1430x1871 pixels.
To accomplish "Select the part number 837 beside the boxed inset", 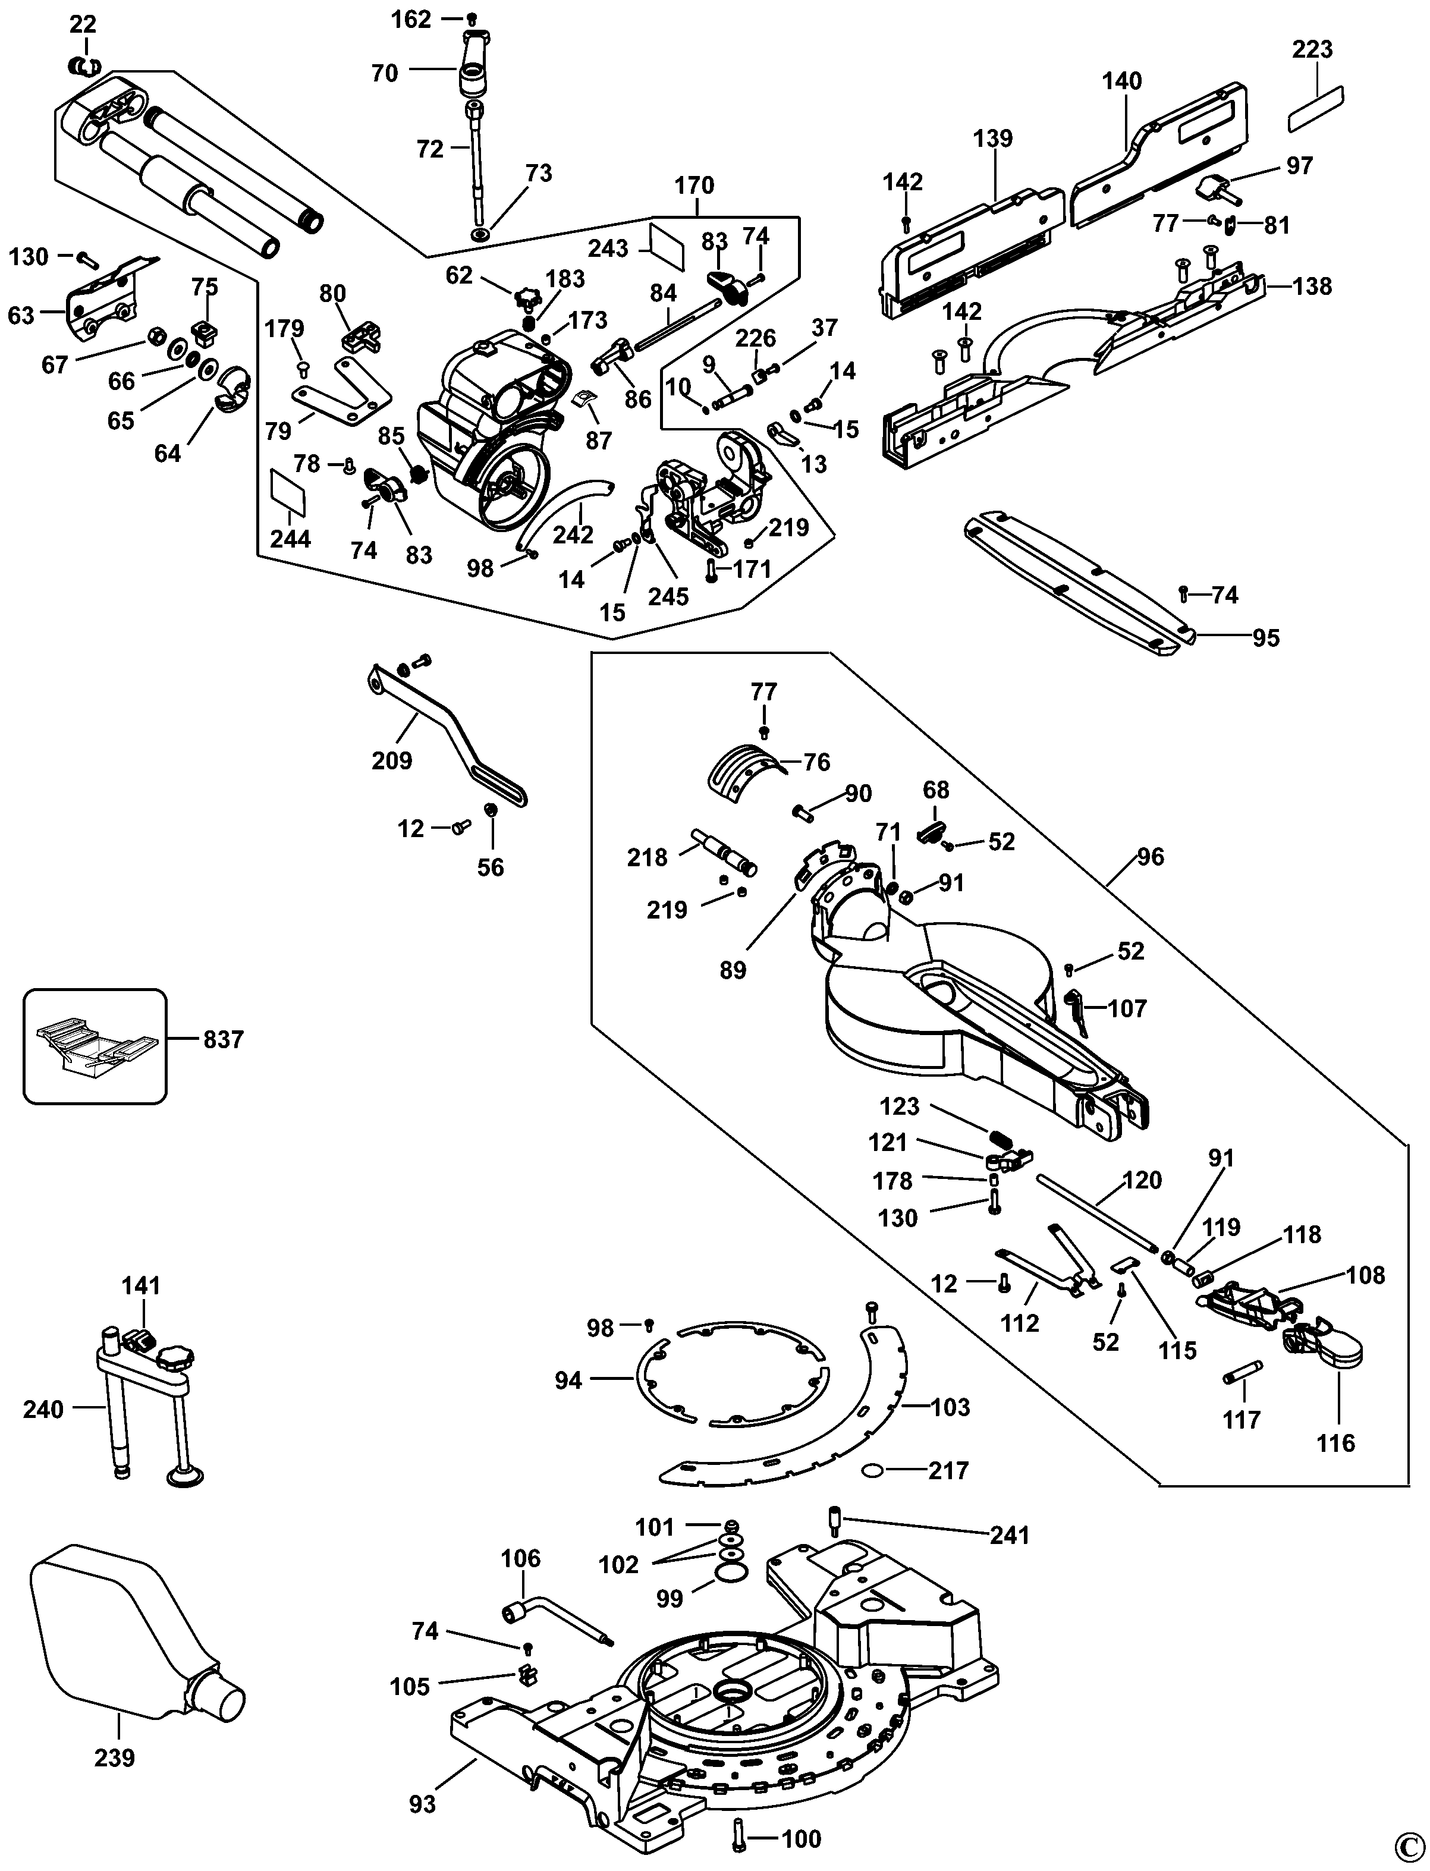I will pos(224,1039).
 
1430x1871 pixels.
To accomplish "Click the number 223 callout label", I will pos(1312,49).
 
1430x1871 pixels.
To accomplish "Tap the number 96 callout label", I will pos(1150,856).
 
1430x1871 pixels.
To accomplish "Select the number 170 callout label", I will pos(694,185).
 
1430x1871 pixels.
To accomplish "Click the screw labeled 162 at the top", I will pos(472,18).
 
